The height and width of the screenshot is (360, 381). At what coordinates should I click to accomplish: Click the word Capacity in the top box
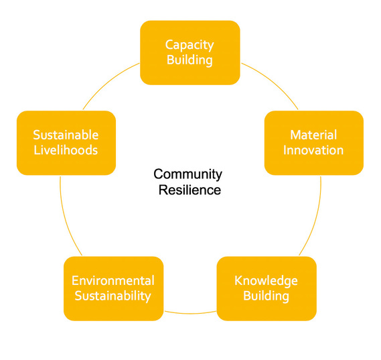[189, 46]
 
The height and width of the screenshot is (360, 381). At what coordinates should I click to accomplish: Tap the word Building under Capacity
[189, 60]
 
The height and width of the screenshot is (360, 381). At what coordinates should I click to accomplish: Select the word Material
[313, 135]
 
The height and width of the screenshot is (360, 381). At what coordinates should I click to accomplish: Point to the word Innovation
[313, 150]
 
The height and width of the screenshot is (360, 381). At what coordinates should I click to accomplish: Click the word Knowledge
[266, 281]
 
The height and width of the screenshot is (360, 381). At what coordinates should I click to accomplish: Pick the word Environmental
[113, 281]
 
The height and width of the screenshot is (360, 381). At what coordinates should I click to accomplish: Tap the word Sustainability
[112, 296]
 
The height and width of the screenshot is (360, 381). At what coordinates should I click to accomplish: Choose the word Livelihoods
[66, 150]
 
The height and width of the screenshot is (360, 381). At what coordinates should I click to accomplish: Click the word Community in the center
[188, 175]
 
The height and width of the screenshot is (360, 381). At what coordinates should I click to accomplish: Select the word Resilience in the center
[189, 190]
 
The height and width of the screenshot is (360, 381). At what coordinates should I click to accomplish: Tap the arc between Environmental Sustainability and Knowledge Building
[190, 313]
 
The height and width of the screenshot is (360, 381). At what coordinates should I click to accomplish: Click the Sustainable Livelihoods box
[66, 143]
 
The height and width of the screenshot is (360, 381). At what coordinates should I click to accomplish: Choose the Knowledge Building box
[266, 289]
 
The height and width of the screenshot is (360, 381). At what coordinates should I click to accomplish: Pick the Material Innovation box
[314, 143]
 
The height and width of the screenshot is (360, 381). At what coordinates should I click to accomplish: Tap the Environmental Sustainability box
[113, 289]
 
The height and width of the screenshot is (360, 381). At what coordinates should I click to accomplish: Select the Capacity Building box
[190, 53]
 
